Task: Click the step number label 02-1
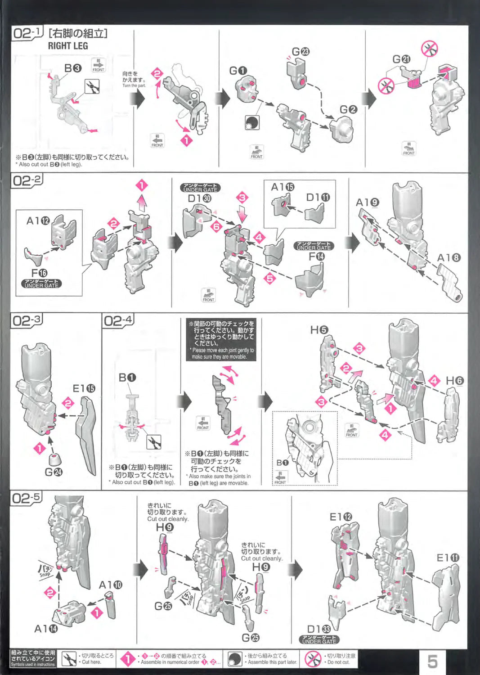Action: pyautogui.click(x=27, y=33)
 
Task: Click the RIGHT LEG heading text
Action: pyautogui.click(x=68, y=46)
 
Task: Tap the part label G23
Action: pyautogui.click(x=300, y=52)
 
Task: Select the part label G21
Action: pyautogui.click(x=401, y=59)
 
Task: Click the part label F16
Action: pyautogui.click(x=39, y=273)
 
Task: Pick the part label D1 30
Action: pyautogui.click(x=199, y=198)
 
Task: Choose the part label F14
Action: pyautogui.click(x=316, y=256)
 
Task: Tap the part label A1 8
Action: pyautogui.click(x=449, y=258)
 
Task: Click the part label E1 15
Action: pyautogui.click(x=84, y=388)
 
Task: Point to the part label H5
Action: pyautogui.click(x=319, y=330)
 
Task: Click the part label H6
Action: pyautogui.click(x=454, y=381)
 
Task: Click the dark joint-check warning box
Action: pyautogui.click(x=221, y=339)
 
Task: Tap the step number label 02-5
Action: pyautogui.click(x=26, y=498)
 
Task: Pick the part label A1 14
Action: pyautogui.click(x=46, y=628)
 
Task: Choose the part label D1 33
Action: pyautogui.click(x=319, y=629)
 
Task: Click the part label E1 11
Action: pyautogui.click(x=448, y=558)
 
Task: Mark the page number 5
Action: pyautogui.click(x=432, y=661)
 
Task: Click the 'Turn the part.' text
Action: pyautogui.click(x=134, y=85)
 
